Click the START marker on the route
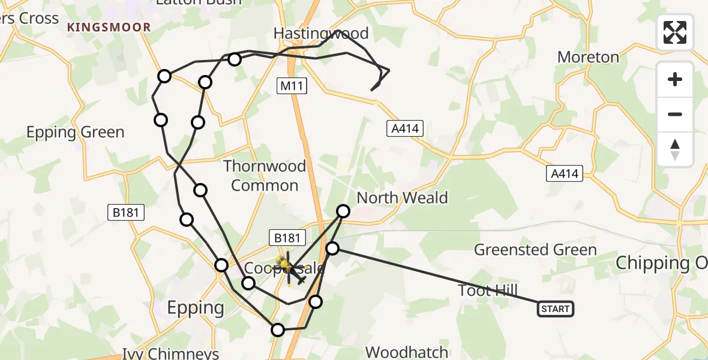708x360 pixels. (x=555, y=309)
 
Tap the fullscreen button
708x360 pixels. (x=675, y=32)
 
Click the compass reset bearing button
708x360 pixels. (x=675, y=149)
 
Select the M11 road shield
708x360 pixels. (x=292, y=86)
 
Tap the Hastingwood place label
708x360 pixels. (x=320, y=32)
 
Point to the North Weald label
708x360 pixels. (x=402, y=197)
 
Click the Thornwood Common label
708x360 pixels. (x=265, y=176)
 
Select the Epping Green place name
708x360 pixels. (x=75, y=132)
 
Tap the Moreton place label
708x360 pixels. (x=588, y=58)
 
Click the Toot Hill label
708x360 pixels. (x=487, y=291)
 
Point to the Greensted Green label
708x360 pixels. (x=535, y=250)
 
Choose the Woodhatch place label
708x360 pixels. (x=406, y=352)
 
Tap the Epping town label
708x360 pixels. (x=196, y=308)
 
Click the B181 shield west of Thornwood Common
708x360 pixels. (x=125, y=212)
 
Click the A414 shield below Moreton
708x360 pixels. (x=565, y=174)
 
